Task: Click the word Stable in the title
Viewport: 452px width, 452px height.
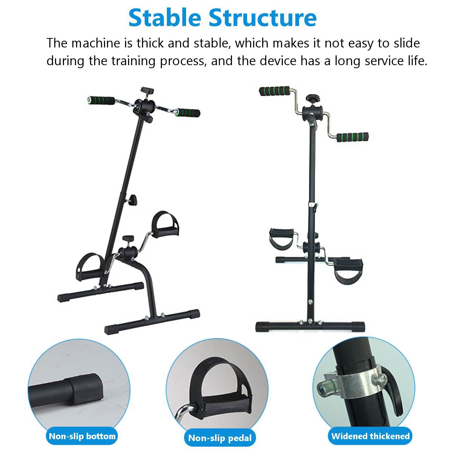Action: click(x=165, y=18)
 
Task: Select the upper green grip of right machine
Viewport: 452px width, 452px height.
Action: click(x=274, y=91)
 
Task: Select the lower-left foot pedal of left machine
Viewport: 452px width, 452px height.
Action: click(x=89, y=266)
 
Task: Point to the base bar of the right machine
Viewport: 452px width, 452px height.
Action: click(x=310, y=326)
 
